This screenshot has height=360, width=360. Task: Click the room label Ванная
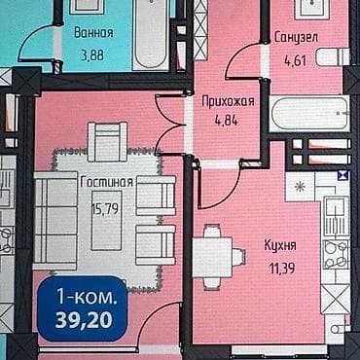(x=93, y=31)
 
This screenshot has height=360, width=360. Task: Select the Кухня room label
(x=280, y=245)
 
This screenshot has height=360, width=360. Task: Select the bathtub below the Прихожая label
(x=306, y=114)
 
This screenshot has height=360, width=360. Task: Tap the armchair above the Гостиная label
(x=108, y=141)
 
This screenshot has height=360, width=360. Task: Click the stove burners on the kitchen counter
(x=336, y=255)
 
